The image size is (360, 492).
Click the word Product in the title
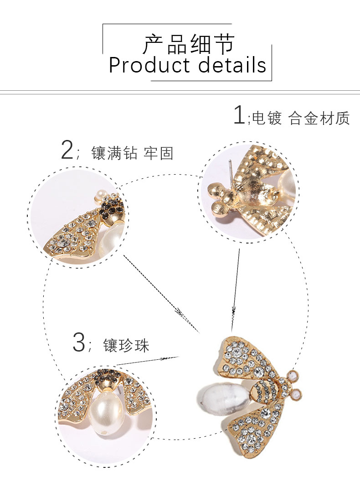coord(146,65)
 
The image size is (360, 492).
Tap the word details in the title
coord(232,65)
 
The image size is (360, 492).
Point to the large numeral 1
coord(239,115)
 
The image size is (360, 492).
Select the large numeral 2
coord(67,150)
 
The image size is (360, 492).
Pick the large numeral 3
coord(78,343)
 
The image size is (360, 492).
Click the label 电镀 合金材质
coord(301,119)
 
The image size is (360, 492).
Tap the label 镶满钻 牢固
coord(132,153)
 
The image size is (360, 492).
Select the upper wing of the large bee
coord(246,360)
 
